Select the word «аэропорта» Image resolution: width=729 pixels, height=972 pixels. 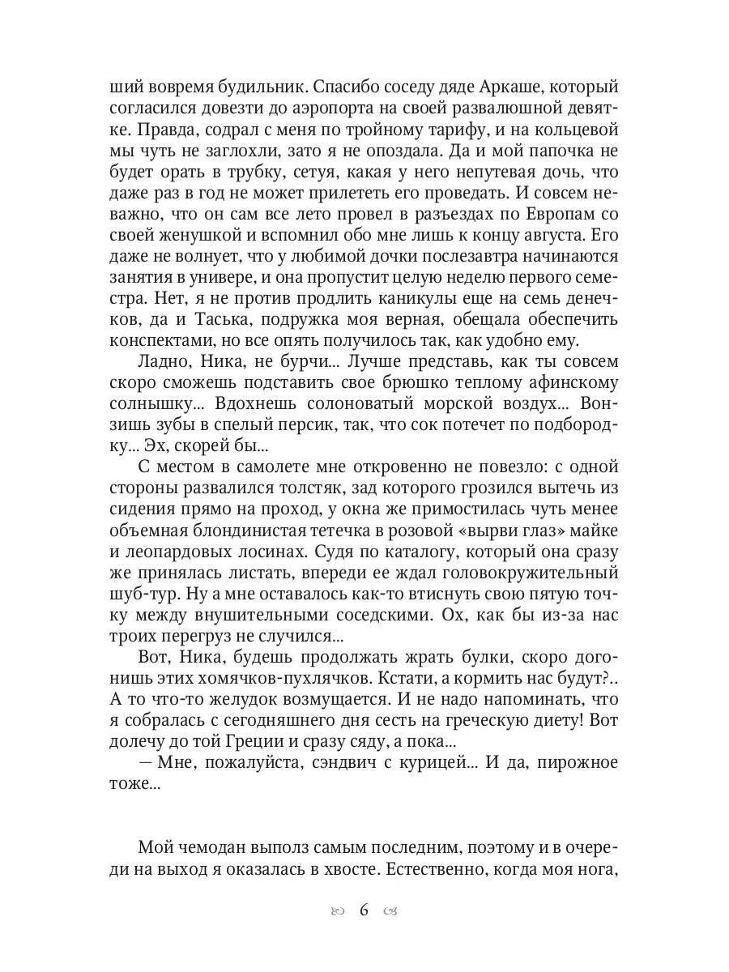pyautogui.click(x=321, y=108)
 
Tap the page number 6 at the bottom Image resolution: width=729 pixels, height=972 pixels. pyautogui.click(x=364, y=910)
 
